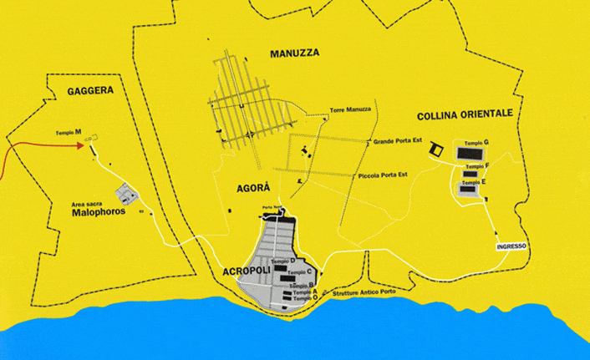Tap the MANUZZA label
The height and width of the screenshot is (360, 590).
[295, 53]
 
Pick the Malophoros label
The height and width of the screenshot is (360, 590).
[99, 211]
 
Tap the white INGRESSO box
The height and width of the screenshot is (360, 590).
[511, 246]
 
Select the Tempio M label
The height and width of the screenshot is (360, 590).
[69, 133]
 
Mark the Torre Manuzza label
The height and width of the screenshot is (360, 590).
[350, 110]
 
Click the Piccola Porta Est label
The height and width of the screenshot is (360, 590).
[382, 175]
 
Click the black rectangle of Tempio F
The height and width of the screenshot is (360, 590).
[469, 174]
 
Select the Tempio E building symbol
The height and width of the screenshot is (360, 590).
[467, 190]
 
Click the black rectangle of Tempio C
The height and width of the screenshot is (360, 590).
[291, 278]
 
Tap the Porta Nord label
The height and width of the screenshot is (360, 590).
[272, 207]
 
